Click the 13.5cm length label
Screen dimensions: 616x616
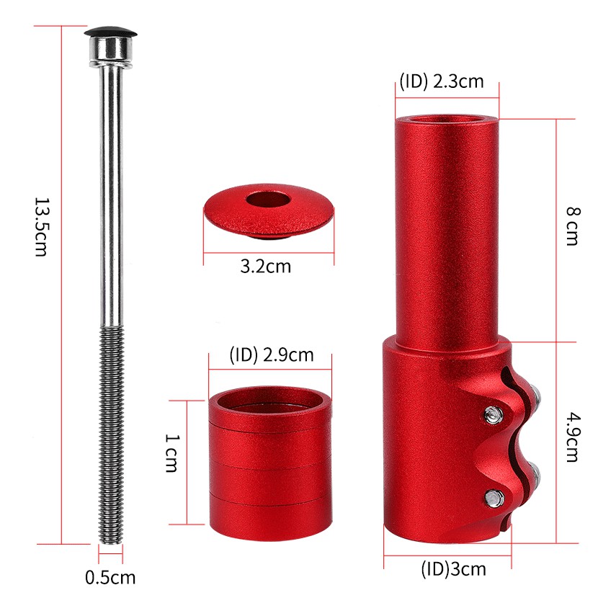pyautogui.click(x=41, y=227)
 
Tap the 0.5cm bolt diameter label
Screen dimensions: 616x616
pyautogui.click(x=110, y=578)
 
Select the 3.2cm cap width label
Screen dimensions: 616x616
pyautogui.click(x=266, y=267)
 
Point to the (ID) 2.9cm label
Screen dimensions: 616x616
pyautogui.click(x=272, y=355)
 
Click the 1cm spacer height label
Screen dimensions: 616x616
pyautogui.click(x=171, y=452)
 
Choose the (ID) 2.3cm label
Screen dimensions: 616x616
pyautogui.click(x=442, y=81)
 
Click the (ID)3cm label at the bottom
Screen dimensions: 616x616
pyautogui.click(x=454, y=569)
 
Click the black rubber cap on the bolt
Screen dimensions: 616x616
pyautogui.click(x=110, y=32)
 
